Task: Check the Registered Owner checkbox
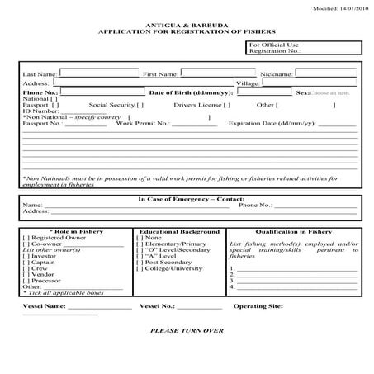click(x=27, y=239)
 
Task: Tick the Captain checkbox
click(x=27, y=263)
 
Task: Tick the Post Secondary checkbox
click(x=140, y=263)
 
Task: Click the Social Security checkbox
click(x=140, y=106)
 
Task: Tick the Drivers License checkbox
click(x=227, y=106)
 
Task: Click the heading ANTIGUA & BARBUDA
click(x=187, y=23)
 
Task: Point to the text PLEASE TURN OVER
click(x=187, y=330)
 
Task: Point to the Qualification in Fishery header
click(x=293, y=232)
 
